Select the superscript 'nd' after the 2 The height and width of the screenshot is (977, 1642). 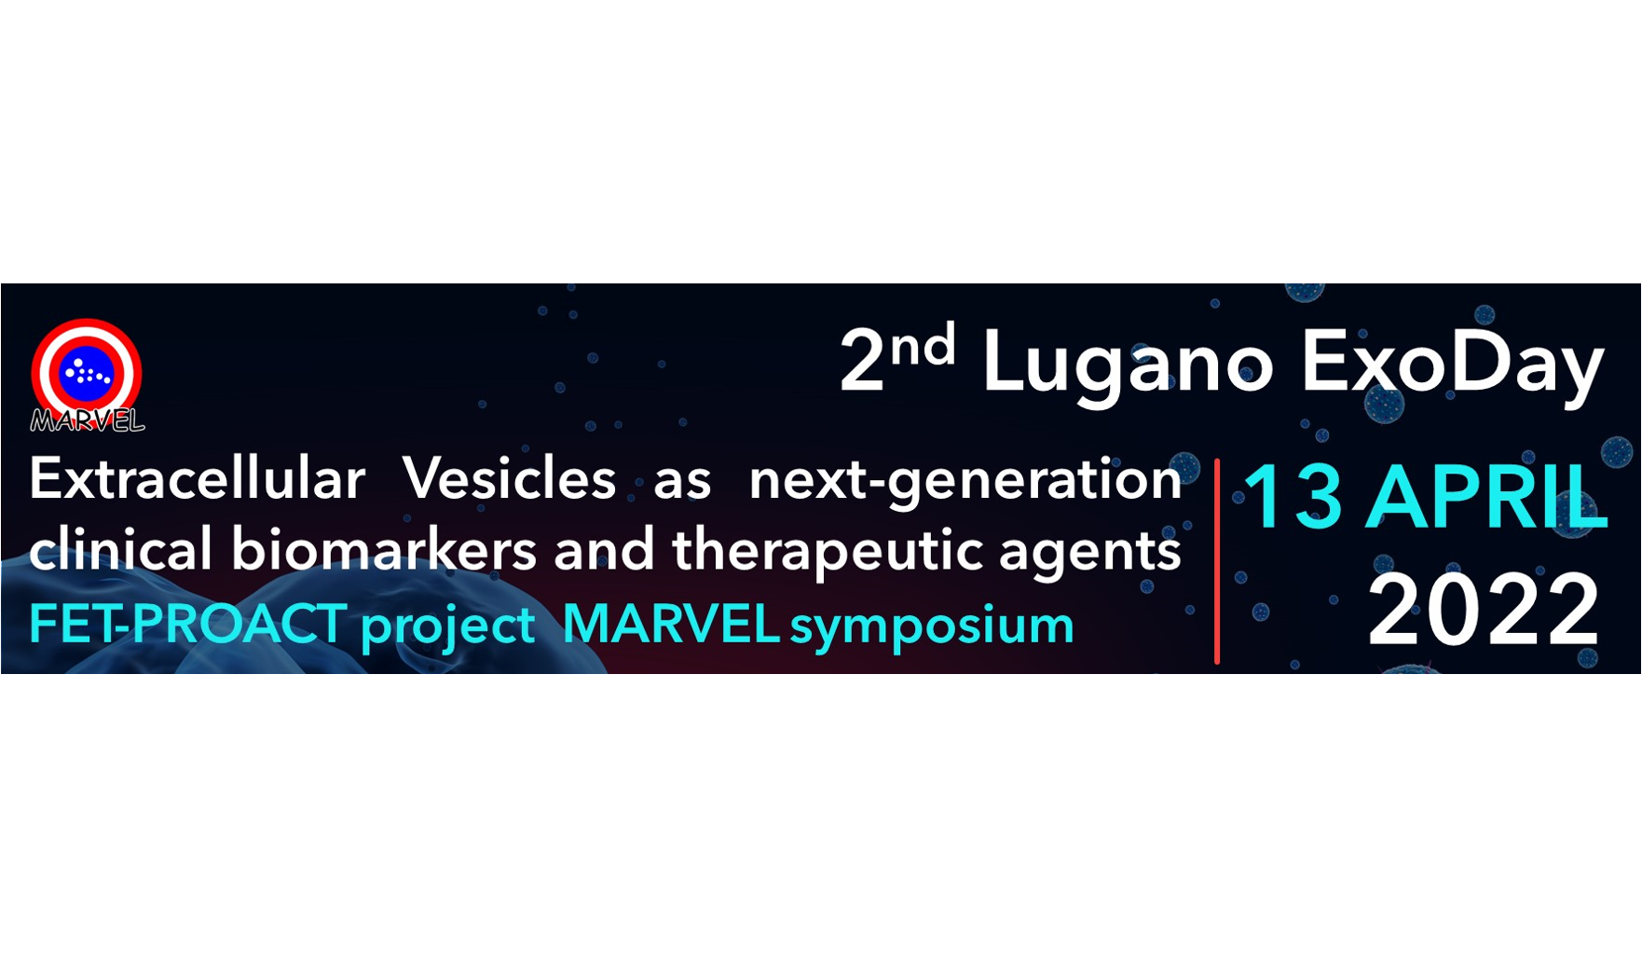923,345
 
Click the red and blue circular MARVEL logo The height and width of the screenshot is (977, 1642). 87,373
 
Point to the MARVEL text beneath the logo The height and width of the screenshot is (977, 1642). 88,421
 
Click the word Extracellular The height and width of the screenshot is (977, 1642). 197,479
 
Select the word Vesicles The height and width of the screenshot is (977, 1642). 509,479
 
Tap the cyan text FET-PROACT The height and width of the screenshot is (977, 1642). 188,624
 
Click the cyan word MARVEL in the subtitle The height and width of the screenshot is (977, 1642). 671,624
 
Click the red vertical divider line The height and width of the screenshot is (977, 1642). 1217,561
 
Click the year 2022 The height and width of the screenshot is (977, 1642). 1484,611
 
